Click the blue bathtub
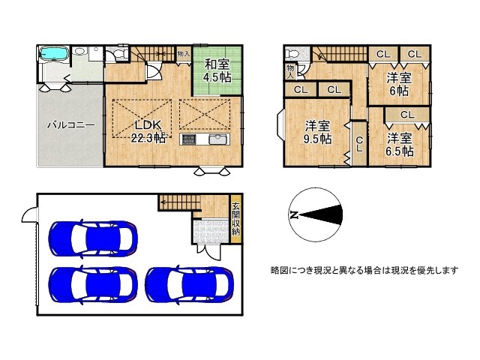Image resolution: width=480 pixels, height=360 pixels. click(x=52, y=54)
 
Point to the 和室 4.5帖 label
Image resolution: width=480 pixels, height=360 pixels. click(x=217, y=70)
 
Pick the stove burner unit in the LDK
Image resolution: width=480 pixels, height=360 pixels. click(x=187, y=140)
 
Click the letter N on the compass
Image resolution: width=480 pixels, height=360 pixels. click(x=293, y=215)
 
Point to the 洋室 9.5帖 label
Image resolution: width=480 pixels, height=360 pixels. click(x=318, y=132)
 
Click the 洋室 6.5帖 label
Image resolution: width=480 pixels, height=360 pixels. click(x=400, y=144)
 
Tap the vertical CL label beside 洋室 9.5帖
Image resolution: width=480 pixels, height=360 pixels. click(x=359, y=144)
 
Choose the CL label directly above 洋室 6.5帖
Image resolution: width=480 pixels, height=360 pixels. click(x=407, y=115)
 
